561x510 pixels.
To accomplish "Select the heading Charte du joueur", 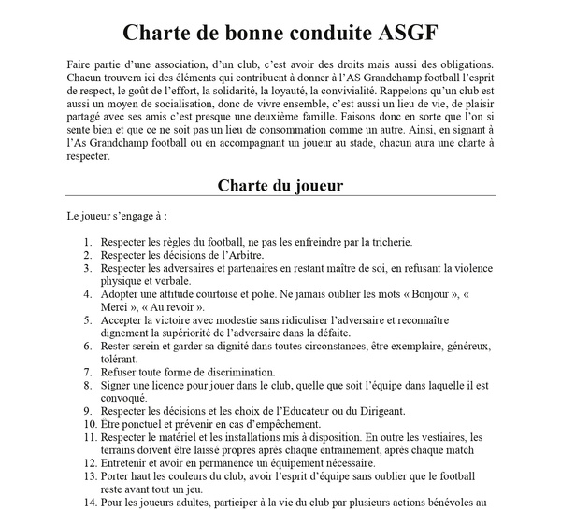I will click(280, 185).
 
